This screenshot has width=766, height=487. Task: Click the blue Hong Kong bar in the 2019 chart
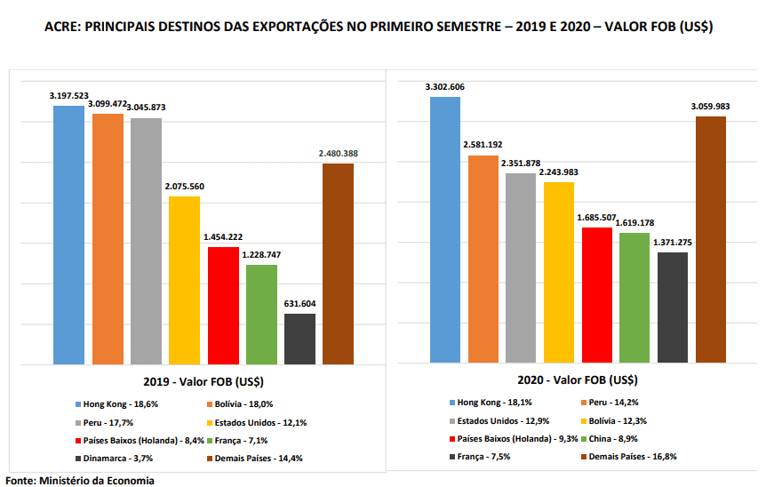click(x=68, y=235)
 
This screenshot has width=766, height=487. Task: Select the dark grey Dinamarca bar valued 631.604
click(x=299, y=339)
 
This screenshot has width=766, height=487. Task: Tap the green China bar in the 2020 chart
click(x=634, y=298)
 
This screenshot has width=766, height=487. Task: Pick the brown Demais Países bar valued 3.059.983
click(x=711, y=240)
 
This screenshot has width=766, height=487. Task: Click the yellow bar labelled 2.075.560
click(x=184, y=280)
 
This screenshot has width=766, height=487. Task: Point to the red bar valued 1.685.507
click(x=596, y=295)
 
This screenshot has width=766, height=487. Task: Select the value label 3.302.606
click(x=445, y=87)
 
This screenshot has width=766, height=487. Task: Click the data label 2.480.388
click(x=338, y=154)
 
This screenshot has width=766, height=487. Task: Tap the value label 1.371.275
click(x=673, y=243)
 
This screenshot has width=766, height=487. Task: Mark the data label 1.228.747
click(x=260, y=255)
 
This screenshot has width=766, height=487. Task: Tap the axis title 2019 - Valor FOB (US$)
click(x=203, y=381)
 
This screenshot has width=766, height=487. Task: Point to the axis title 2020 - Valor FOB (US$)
click(x=578, y=380)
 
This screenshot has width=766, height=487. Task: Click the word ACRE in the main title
click(x=63, y=28)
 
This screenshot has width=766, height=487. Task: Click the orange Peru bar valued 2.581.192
click(x=483, y=259)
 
